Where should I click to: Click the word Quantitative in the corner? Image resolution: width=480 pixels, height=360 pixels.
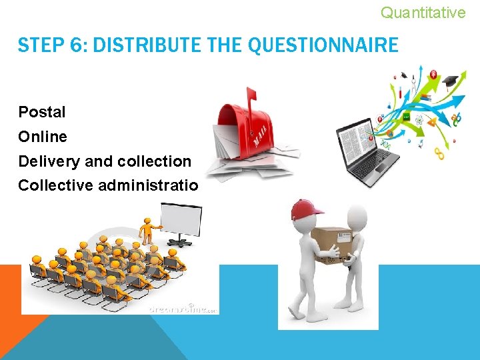click(x=423, y=12)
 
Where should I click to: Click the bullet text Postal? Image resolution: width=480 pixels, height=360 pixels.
click(x=42, y=111)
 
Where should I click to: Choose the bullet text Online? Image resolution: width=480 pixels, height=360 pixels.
click(x=43, y=137)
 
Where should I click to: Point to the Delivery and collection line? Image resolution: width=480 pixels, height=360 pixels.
click(x=105, y=161)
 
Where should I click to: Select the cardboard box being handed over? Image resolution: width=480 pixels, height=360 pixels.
click(x=332, y=244)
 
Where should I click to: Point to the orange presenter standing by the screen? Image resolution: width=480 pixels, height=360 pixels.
click(x=145, y=231)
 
